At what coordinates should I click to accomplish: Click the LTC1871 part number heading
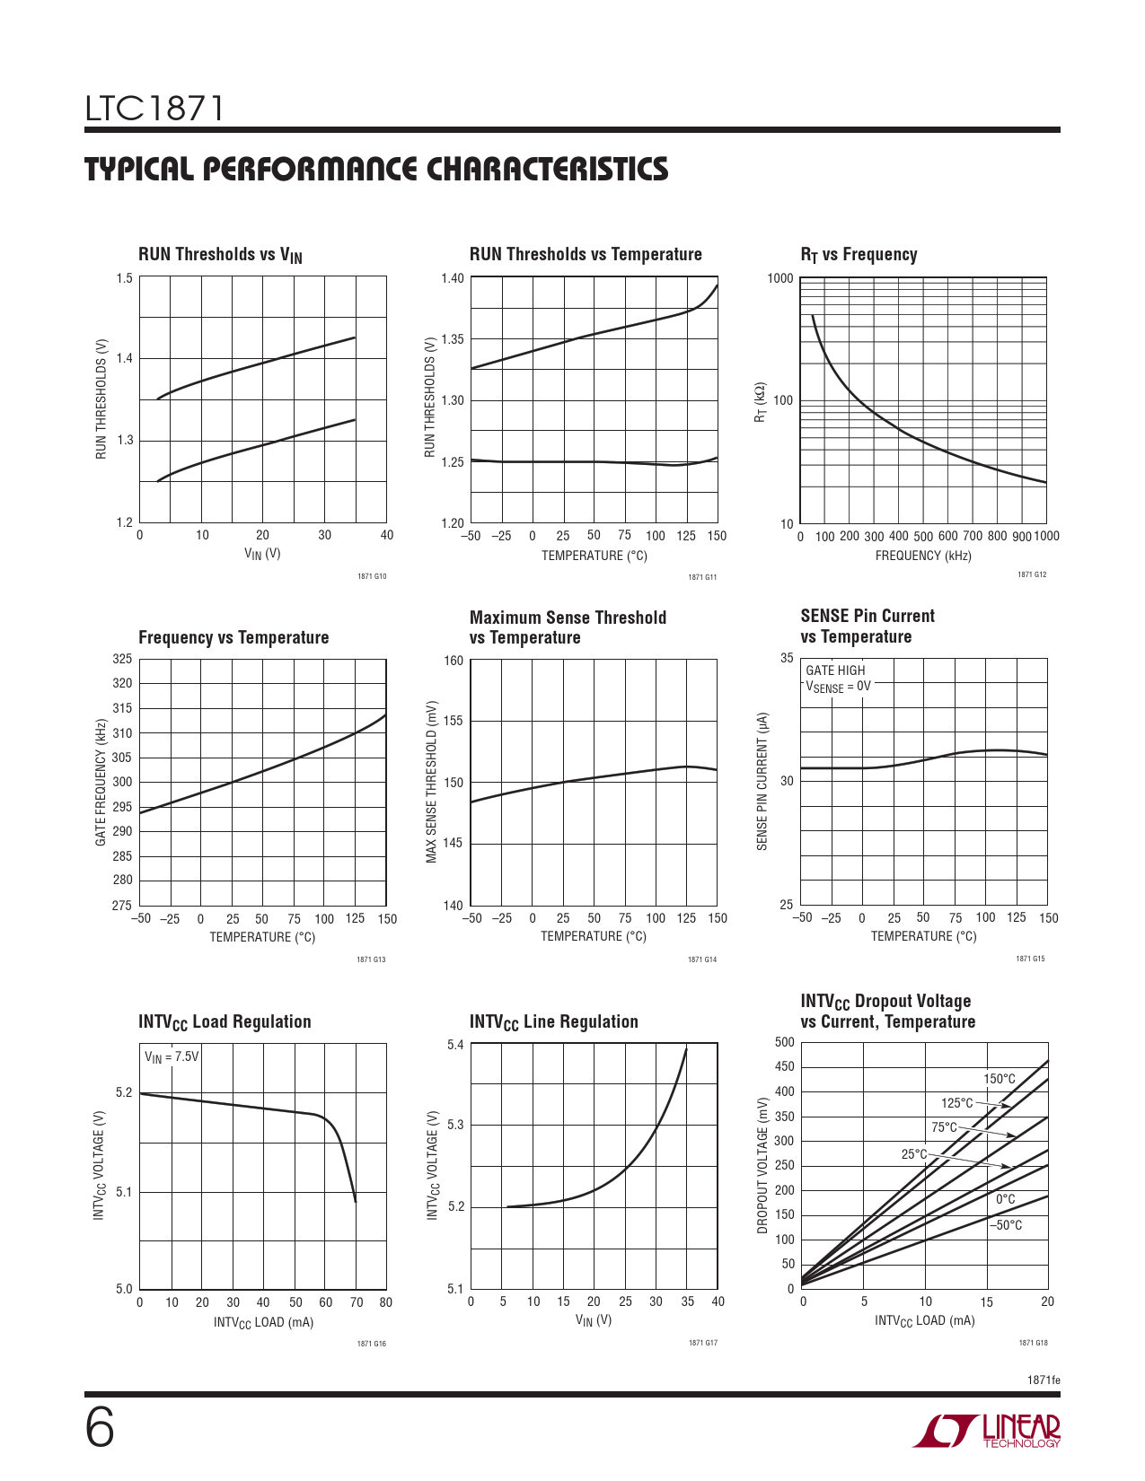tap(154, 109)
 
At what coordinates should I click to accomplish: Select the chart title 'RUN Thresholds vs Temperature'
tap(586, 254)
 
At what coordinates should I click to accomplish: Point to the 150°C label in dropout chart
tap(999, 1079)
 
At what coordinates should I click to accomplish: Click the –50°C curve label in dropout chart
tap(1006, 1225)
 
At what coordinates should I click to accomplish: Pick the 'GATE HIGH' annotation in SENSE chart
tap(835, 670)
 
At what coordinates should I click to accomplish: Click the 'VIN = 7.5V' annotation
tap(172, 1056)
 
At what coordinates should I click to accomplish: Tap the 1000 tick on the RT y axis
tap(780, 278)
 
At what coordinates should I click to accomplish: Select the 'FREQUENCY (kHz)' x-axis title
tap(923, 556)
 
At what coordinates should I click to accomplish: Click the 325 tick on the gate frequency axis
tap(122, 659)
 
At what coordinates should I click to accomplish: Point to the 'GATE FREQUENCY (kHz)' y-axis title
tap(101, 782)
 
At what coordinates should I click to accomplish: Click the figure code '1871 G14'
tap(702, 960)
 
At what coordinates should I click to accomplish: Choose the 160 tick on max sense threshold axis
tap(454, 661)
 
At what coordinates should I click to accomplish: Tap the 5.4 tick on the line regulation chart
tap(455, 1045)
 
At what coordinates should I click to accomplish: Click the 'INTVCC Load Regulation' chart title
tap(225, 1021)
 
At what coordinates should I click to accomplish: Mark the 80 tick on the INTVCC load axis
tap(386, 1302)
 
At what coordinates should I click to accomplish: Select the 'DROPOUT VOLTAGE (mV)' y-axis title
tap(762, 1165)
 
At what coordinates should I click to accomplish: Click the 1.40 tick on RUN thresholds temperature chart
tap(453, 278)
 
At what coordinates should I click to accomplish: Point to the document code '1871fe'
tap(1044, 1380)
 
